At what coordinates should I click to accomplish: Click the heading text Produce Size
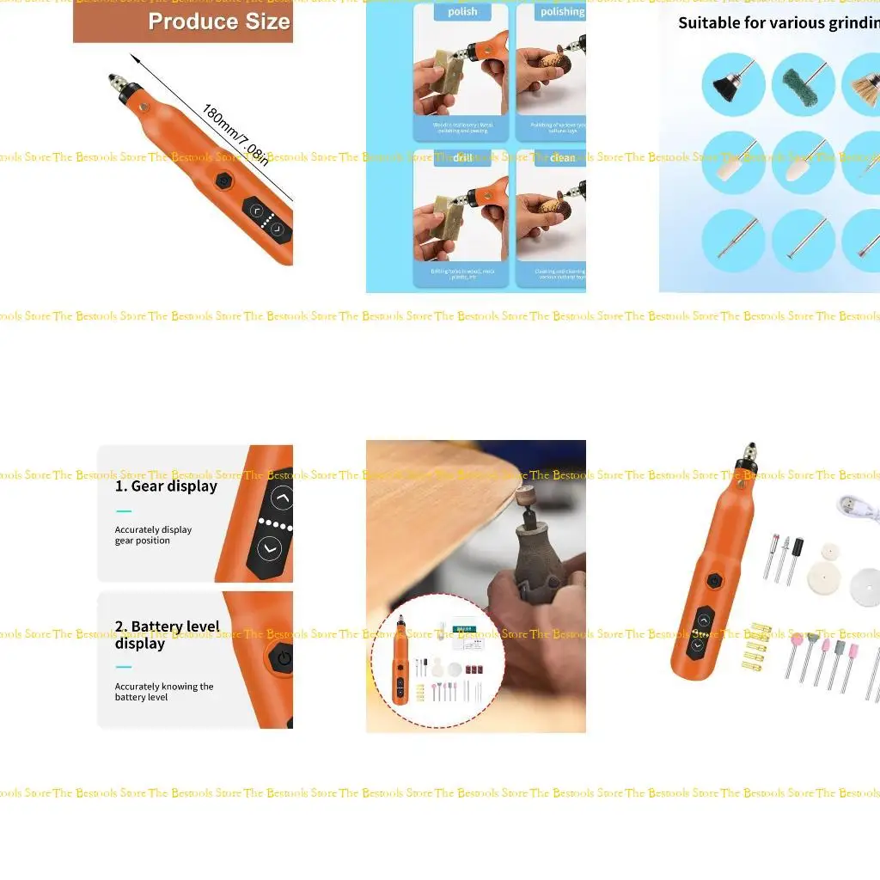218,21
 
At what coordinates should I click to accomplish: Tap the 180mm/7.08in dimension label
235,134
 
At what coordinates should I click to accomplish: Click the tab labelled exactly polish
462,12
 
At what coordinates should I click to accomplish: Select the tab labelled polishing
561,12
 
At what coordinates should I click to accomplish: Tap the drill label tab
462,158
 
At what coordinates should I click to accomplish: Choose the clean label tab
562,158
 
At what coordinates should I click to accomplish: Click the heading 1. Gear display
166,486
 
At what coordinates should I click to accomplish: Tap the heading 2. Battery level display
167,635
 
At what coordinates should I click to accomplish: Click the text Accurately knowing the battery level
164,692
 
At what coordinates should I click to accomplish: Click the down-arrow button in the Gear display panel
270,547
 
